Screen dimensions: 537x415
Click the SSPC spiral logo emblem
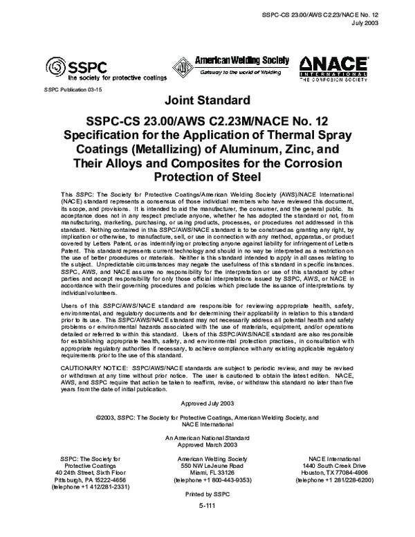coord(55,68)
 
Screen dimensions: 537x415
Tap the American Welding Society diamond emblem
coord(183,66)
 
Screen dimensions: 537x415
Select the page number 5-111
coord(207,506)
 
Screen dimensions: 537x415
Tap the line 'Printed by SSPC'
coord(207,496)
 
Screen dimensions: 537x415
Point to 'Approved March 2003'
coord(207,445)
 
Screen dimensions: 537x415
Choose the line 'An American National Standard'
coord(207,438)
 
